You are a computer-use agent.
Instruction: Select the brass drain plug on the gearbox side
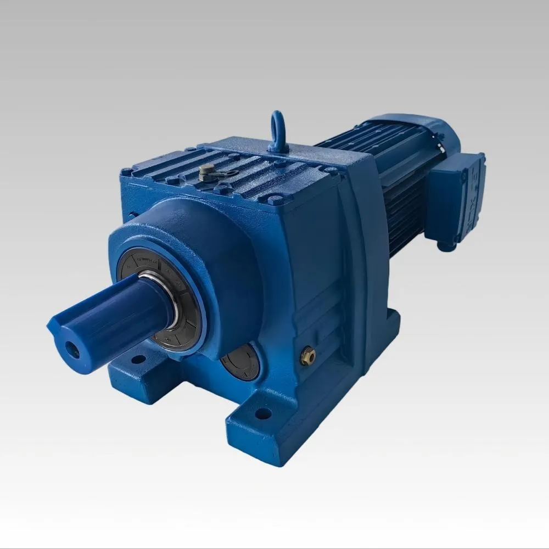[x=307, y=357]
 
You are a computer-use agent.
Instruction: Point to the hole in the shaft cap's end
[x=72, y=350]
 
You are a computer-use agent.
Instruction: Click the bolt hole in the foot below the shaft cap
[x=138, y=360]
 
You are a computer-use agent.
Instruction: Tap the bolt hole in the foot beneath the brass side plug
[x=264, y=413]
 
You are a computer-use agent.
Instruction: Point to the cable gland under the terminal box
[x=447, y=247]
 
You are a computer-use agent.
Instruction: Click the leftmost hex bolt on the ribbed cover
[x=127, y=172]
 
